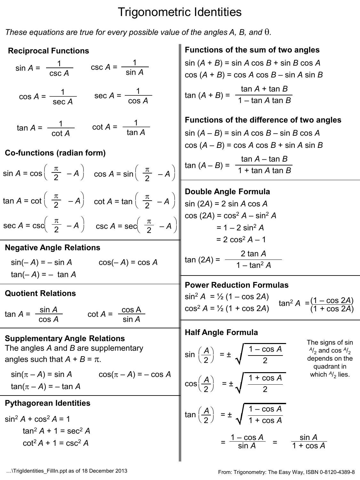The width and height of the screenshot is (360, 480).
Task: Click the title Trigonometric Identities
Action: click(180, 12)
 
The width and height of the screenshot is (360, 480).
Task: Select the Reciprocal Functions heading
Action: click(48, 51)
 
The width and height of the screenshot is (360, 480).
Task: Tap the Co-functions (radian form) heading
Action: click(55, 153)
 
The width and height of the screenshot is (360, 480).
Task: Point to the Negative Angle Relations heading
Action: click(52, 248)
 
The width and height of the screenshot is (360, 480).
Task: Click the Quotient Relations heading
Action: click(40, 293)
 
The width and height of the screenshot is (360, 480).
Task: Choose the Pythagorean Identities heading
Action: click(47, 403)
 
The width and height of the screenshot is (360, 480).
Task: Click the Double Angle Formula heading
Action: click(227, 192)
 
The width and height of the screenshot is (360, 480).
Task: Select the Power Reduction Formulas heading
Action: click(236, 285)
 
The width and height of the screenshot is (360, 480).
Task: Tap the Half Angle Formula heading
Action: click(221, 332)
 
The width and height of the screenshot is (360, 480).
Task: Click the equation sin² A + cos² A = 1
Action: click(37, 419)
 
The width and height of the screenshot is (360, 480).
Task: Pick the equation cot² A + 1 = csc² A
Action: click(56, 443)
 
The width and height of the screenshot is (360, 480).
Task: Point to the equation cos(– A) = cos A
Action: click(128, 263)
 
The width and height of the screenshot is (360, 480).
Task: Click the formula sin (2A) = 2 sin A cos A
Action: click(226, 204)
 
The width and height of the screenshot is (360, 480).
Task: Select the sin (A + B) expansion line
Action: click(252, 63)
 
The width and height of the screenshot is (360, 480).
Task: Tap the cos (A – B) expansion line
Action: click(254, 145)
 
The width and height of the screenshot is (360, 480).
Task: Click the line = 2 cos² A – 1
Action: click(241, 240)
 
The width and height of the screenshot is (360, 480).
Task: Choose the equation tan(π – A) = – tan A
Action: click(46, 387)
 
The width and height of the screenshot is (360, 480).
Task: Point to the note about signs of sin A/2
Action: click(330, 358)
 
